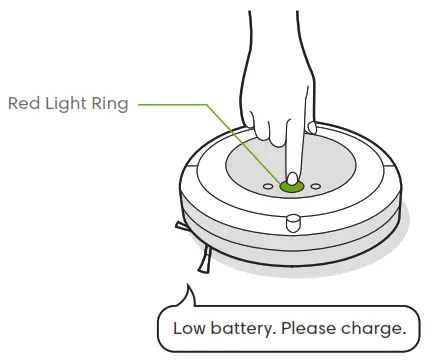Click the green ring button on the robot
click(x=292, y=186)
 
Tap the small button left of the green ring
click(x=268, y=185)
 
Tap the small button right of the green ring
click(x=316, y=185)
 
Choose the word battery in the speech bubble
click(x=241, y=328)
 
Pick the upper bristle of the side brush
click(x=181, y=226)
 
